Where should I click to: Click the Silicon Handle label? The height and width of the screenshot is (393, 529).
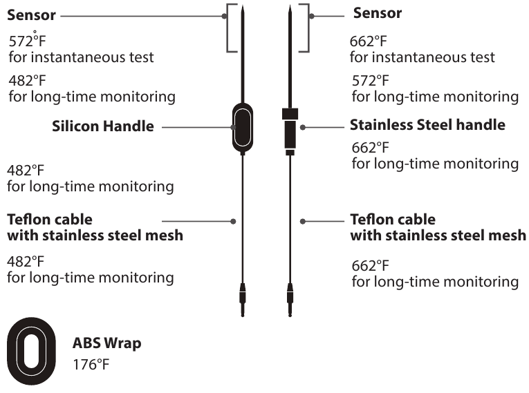pyautogui.click(x=102, y=127)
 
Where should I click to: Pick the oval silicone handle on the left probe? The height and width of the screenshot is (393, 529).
pyautogui.click(x=242, y=128)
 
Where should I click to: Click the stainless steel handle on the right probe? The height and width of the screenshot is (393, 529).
pyautogui.click(x=290, y=129)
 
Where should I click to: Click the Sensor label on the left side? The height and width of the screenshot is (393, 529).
pyautogui.click(x=31, y=14)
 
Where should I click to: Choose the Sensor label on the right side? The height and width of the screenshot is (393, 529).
pyautogui.click(x=377, y=13)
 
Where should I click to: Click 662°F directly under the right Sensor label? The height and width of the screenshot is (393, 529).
pyautogui.click(x=369, y=41)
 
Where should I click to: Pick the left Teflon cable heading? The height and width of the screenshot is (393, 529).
pyautogui.click(x=95, y=228)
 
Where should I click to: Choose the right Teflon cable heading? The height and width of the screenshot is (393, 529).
pyautogui.click(x=438, y=228)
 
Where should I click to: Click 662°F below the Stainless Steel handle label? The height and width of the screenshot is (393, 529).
pyautogui.click(x=370, y=148)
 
